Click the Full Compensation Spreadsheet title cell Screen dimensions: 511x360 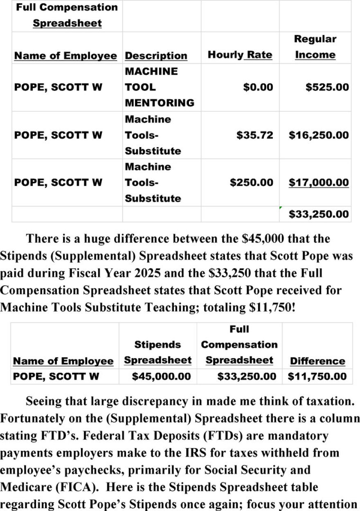(67, 15)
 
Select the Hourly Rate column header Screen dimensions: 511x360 (240, 55)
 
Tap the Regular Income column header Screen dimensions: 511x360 (315, 47)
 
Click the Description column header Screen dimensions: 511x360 (156, 56)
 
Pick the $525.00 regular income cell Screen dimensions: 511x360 (327, 87)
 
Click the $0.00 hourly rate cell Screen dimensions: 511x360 (258, 87)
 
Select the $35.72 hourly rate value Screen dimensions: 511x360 (254, 135)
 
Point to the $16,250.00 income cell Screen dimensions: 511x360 (319, 135)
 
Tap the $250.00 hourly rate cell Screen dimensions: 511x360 (251, 182)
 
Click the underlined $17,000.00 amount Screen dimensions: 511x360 (319, 182)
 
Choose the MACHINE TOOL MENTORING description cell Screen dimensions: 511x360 (159, 87)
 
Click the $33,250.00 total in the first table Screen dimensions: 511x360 (319, 214)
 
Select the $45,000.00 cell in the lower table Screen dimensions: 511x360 (161, 377)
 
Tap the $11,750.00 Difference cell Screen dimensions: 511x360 (317, 377)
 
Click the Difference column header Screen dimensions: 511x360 (317, 361)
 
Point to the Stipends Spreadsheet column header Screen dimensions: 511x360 (157, 352)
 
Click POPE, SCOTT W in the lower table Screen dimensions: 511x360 (56, 377)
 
